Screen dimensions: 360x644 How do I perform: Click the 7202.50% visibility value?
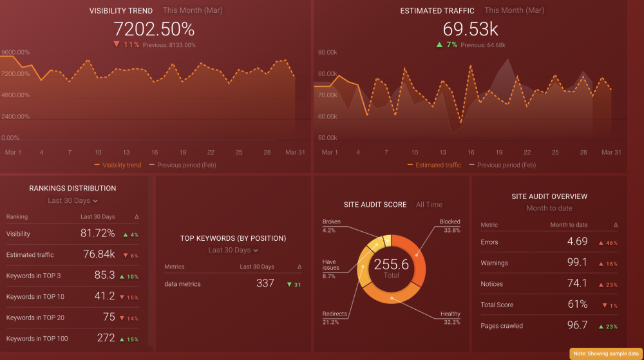point(154,29)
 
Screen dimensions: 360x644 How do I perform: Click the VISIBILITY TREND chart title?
point(121,11)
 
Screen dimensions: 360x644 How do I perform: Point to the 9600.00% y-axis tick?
point(15,53)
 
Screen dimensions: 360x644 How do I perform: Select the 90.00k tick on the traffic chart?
point(328,53)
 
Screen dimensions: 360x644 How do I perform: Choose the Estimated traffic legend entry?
point(438,165)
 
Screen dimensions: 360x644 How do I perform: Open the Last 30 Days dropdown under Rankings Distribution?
point(73,201)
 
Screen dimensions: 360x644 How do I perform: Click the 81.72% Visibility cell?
point(97,234)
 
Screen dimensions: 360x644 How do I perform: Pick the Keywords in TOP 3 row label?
point(33,276)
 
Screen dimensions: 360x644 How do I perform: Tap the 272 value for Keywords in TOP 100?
point(106,338)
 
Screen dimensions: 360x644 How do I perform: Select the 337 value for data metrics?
point(265,283)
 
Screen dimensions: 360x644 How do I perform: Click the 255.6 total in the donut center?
point(391,265)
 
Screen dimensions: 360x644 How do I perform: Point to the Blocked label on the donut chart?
point(450,222)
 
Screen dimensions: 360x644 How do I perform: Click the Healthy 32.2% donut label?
point(450,314)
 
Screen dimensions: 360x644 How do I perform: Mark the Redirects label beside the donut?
point(335,314)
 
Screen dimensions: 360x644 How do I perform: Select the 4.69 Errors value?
point(577,242)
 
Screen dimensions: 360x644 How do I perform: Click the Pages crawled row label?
point(502,326)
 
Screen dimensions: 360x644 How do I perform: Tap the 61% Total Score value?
point(577,305)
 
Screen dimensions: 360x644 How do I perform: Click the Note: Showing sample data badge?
point(606,354)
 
